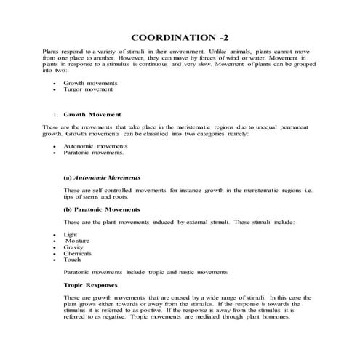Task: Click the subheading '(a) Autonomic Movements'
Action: pyautogui.click(x=102, y=177)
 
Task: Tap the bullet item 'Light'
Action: pyautogui.click(x=71, y=235)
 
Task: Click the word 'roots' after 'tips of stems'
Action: pyautogui.click(x=119, y=196)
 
